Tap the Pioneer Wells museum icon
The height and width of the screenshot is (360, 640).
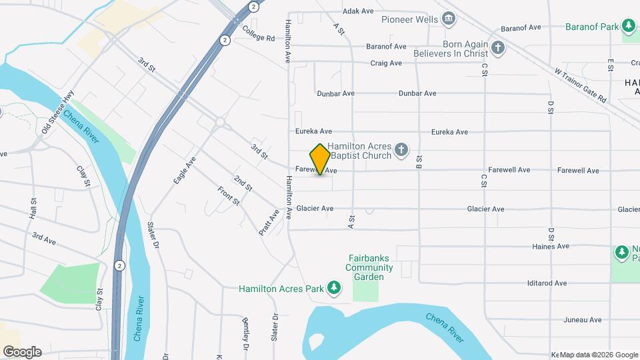(x=449, y=19)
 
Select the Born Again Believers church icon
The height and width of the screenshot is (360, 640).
(x=498, y=47)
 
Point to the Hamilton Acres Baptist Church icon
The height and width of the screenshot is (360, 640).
(x=401, y=149)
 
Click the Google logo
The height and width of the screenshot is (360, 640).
(x=21, y=351)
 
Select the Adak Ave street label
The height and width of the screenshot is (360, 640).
(x=359, y=11)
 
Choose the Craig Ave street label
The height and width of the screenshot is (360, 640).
(x=387, y=63)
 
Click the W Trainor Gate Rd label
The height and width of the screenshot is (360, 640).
(x=580, y=85)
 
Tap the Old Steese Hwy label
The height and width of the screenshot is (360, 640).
(x=57, y=116)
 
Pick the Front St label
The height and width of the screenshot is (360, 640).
(x=228, y=196)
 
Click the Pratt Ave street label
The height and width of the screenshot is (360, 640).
(x=269, y=223)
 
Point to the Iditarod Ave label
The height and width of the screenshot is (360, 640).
(x=547, y=283)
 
